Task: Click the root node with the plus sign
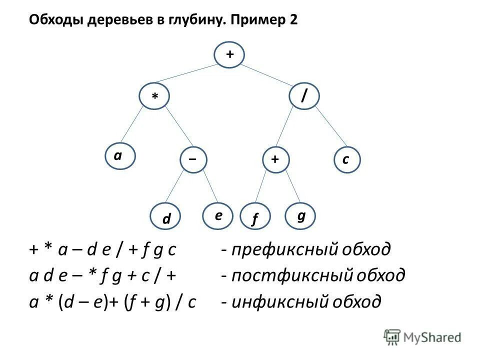click(x=229, y=55)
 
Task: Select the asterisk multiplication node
click(x=155, y=96)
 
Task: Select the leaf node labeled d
click(x=166, y=218)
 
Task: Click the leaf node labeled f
click(x=255, y=218)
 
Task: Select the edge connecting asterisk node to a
click(x=135, y=128)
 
